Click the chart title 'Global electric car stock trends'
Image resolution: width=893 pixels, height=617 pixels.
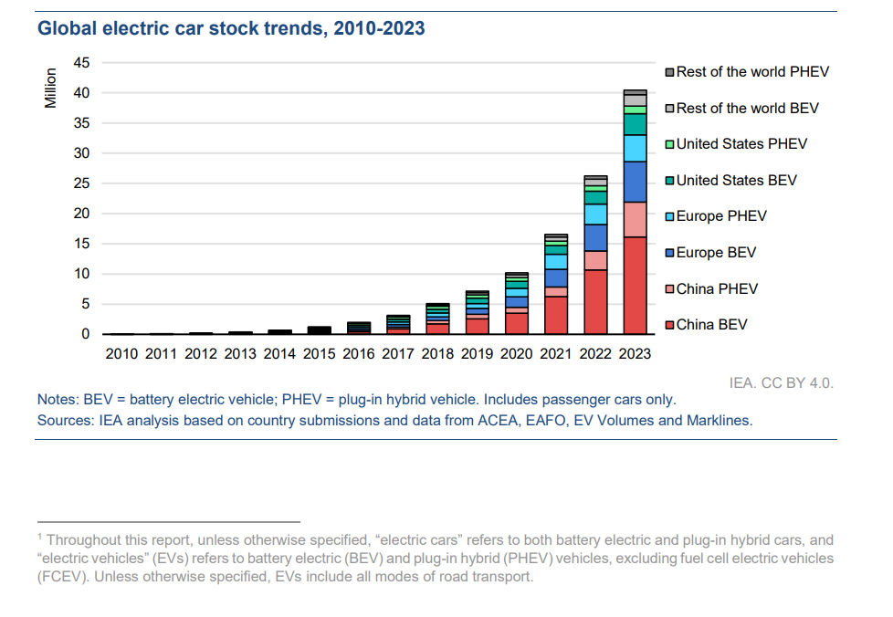(x=230, y=28)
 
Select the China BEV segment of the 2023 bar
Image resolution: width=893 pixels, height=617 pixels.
(x=635, y=285)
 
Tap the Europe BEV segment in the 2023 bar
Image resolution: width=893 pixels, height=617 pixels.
(x=635, y=182)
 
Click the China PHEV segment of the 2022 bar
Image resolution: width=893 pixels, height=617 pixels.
(x=595, y=260)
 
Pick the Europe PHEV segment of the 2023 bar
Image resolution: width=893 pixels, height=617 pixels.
(x=635, y=148)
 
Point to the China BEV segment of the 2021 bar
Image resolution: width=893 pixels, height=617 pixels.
(x=556, y=315)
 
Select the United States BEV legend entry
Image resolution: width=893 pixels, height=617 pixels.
(x=736, y=181)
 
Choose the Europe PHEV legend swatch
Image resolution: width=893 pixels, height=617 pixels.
(x=669, y=217)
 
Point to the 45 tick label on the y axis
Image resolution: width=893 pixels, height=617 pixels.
(x=82, y=63)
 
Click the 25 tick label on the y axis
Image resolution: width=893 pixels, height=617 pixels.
(x=82, y=183)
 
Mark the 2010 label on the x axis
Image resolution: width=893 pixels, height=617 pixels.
(x=122, y=354)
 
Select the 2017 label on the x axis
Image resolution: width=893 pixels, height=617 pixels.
(x=398, y=354)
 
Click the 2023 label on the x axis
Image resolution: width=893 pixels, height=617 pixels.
(x=635, y=354)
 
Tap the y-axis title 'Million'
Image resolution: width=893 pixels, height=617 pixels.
(x=51, y=89)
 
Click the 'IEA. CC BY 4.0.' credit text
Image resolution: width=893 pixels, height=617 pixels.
(x=781, y=382)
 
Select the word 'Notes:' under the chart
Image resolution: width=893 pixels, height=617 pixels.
(x=58, y=400)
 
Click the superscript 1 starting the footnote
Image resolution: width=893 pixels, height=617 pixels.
(x=40, y=538)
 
